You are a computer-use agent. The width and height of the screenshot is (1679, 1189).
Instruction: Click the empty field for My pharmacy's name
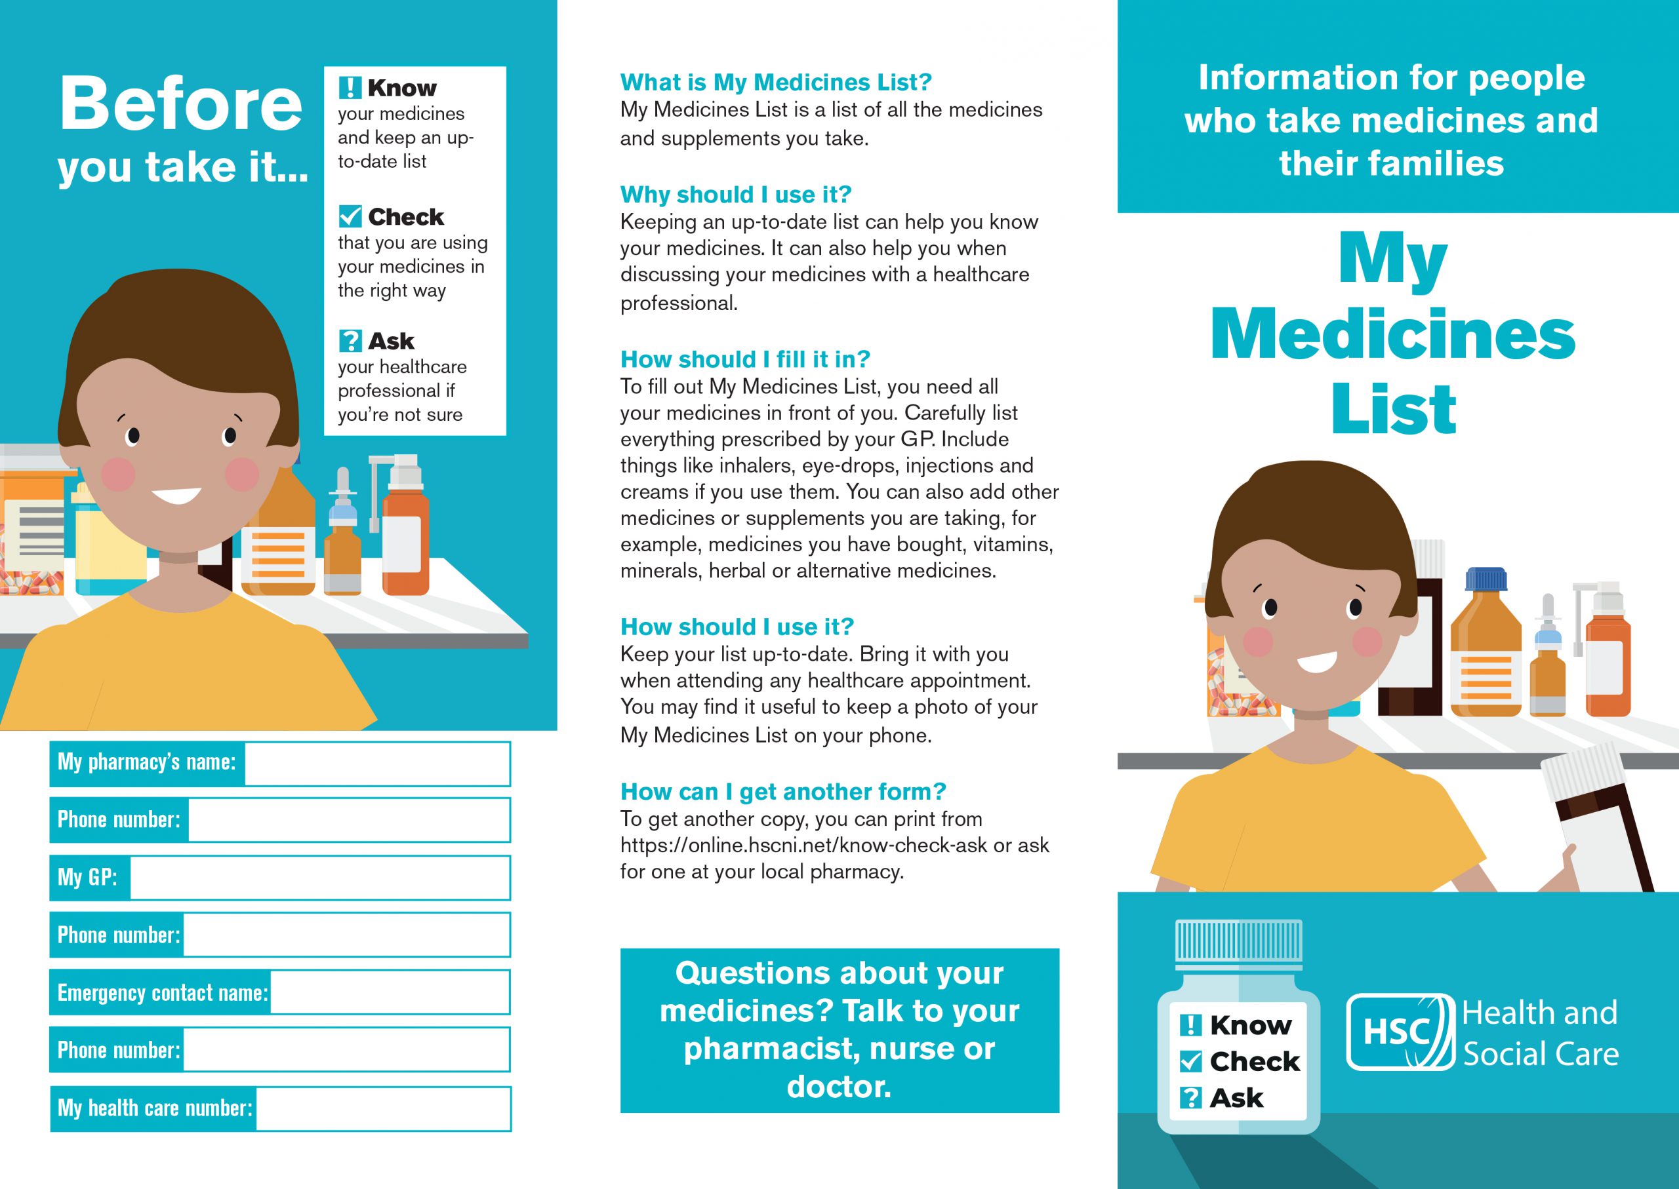(x=376, y=764)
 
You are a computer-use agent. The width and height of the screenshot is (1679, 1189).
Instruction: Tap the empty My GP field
(x=319, y=878)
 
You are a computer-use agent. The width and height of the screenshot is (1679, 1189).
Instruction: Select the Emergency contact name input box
(x=389, y=992)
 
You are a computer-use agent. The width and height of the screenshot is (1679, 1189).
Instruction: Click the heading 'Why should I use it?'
(x=735, y=195)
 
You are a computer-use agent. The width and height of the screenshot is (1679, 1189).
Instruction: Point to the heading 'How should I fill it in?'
(x=745, y=359)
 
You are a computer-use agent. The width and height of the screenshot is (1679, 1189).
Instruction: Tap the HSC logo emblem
(x=1400, y=1032)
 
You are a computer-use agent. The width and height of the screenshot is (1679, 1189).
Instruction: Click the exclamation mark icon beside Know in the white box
(x=350, y=88)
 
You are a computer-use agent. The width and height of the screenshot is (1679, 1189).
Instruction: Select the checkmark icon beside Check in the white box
(x=350, y=216)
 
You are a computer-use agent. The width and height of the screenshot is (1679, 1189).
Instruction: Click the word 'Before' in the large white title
(x=181, y=104)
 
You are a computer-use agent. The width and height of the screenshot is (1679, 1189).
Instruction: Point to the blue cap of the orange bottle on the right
(x=1486, y=580)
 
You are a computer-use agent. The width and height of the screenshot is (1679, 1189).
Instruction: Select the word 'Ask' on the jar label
(x=1236, y=1098)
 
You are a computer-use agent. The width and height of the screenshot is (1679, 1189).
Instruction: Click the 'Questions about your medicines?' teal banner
(x=839, y=1030)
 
